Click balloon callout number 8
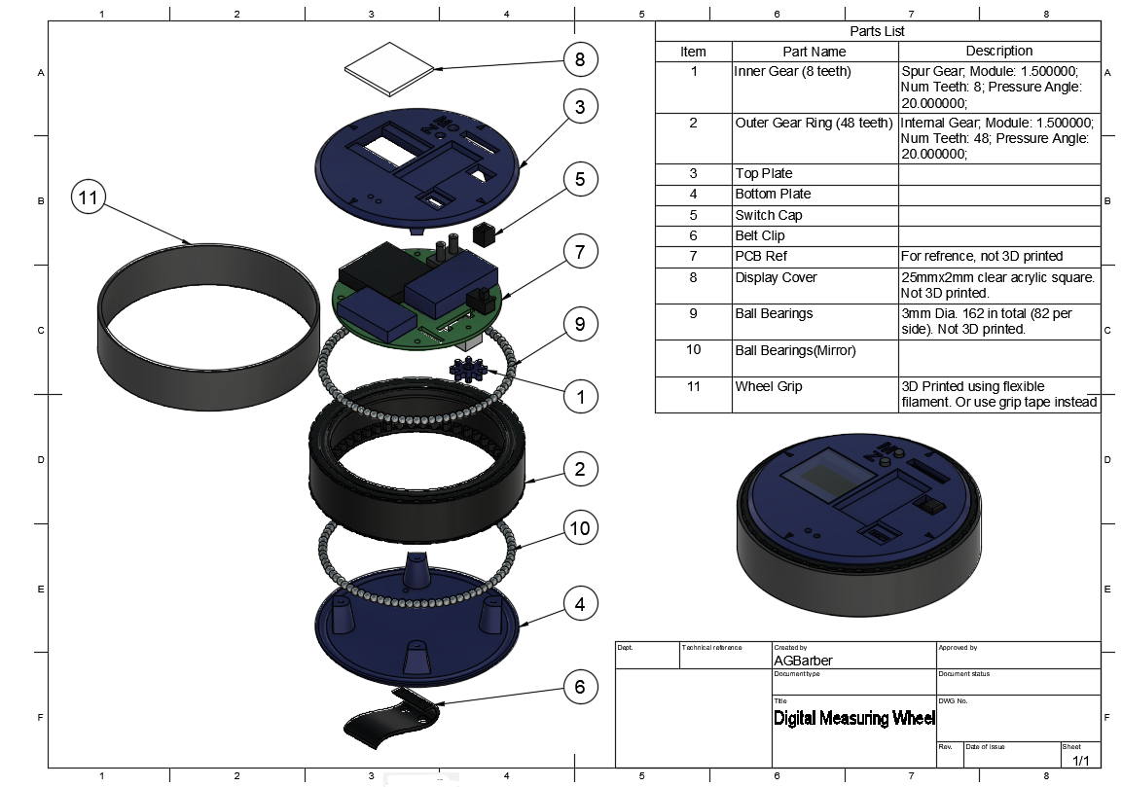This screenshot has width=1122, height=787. [580, 60]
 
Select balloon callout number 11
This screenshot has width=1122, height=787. [89, 198]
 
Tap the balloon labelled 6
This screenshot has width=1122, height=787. [580, 688]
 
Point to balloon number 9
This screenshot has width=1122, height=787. [580, 324]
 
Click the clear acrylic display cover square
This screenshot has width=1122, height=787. [389, 69]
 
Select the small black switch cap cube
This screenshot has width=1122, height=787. [484, 234]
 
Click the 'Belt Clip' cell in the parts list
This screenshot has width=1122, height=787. [760, 235]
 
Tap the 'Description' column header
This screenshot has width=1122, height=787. [998, 51]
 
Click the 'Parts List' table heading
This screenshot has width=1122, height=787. [877, 31]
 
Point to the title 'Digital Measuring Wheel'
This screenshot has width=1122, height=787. [853, 719]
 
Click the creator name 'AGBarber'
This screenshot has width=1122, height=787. [803, 661]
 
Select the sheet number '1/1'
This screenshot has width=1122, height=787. [1080, 760]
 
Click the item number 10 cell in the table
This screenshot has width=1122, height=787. [693, 350]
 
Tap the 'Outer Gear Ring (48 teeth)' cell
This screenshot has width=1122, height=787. [814, 123]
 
